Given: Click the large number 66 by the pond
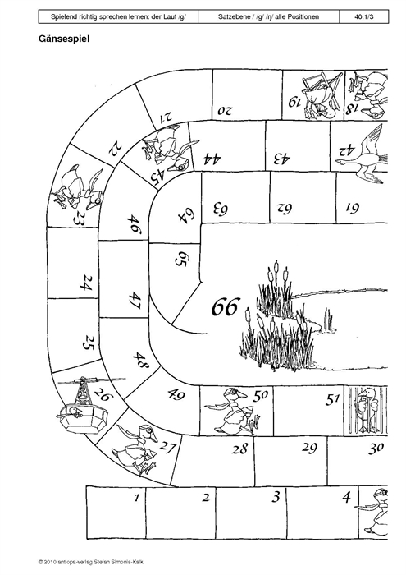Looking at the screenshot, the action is tap(226, 307).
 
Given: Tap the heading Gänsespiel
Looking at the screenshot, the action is tap(64, 39).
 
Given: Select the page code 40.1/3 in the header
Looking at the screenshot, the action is tap(364, 16).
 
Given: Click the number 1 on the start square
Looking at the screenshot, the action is tap(136, 498).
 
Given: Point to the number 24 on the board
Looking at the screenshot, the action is tap(86, 283).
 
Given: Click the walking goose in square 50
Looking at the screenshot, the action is tap(233, 411).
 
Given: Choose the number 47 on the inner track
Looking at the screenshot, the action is tap(135, 301).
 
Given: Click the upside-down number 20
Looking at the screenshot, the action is tap(224, 110).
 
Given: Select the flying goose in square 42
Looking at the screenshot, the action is tap(361, 154).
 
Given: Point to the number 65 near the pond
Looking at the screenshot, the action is tap(180, 260).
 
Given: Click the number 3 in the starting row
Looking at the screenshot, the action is tap(276, 496).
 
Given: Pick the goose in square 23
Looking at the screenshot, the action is tap(78, 189).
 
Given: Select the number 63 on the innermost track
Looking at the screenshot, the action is tap(221, 209).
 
